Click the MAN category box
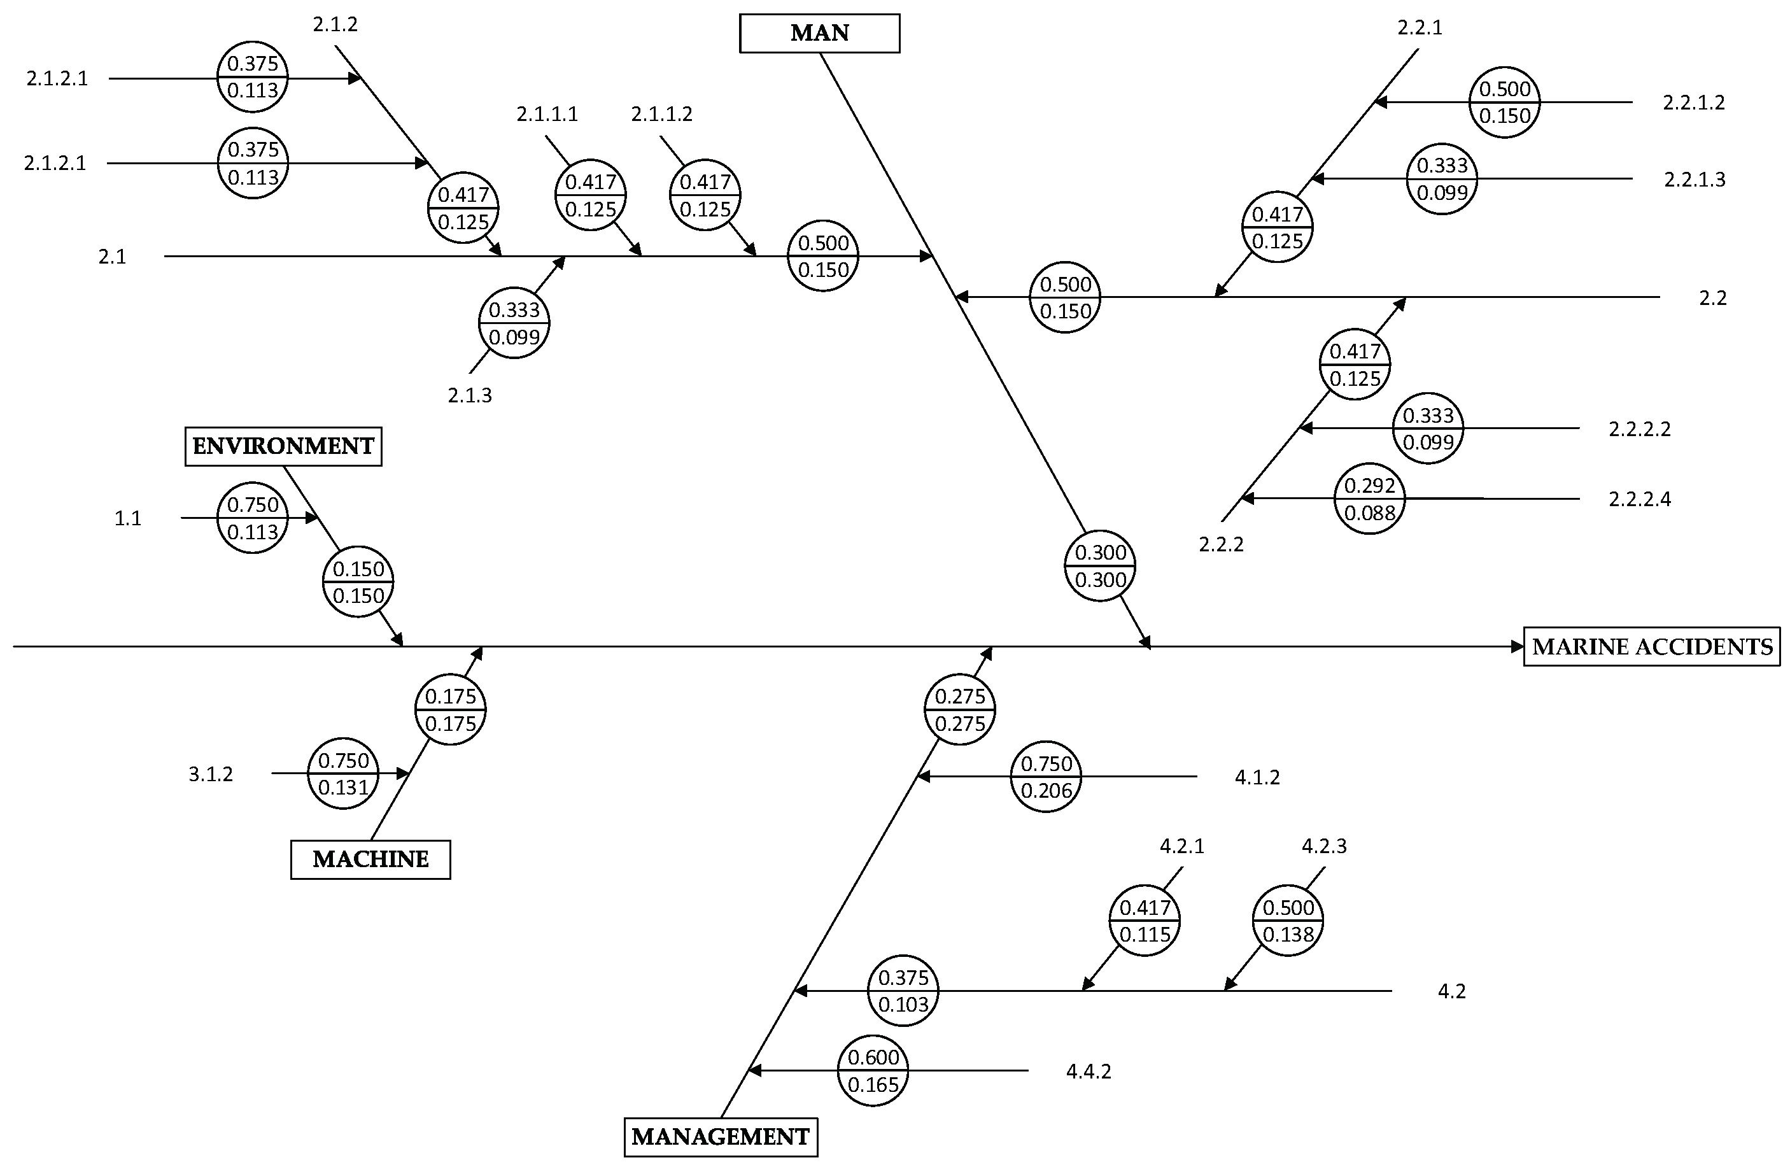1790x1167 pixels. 819,33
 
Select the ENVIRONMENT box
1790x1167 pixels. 283,446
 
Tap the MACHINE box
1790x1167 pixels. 370,859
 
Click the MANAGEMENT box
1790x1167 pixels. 721,1136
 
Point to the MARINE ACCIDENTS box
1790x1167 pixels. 1652,647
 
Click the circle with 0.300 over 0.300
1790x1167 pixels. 1099,566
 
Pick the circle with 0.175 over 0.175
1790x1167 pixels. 450,709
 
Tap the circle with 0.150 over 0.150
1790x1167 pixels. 358,582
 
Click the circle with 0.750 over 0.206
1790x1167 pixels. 1045,777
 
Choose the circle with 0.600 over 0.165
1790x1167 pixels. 873,1071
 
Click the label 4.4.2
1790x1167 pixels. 1089,1072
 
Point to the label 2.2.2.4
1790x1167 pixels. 1640,499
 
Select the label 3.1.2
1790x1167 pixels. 211,774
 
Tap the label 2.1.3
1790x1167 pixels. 469,395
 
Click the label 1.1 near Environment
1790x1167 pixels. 128,518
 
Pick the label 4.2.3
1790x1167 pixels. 1323,845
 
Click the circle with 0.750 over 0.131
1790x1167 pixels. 343,774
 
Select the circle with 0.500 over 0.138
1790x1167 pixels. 1288,920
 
